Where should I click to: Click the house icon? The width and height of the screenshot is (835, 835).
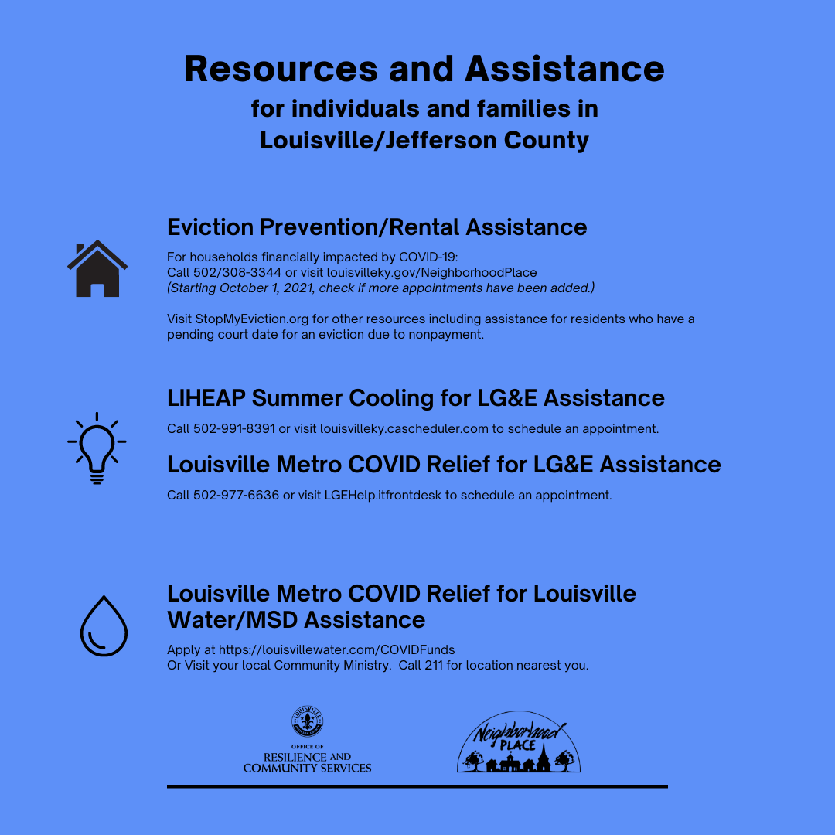click(97, 269)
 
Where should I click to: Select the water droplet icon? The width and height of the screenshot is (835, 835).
click(103, 625)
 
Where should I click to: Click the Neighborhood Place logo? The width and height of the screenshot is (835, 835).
click(518, 743)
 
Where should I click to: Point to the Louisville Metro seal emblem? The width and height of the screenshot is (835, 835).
click(307, 721)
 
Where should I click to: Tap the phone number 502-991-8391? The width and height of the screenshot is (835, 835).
click(234, 428)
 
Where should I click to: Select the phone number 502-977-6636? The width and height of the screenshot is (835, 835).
click(234, 495)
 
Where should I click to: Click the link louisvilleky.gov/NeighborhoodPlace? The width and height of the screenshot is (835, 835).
click(431, 272)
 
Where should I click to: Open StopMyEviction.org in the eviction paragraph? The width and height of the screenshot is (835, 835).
click(247, 319)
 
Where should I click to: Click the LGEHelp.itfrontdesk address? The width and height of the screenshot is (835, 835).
click(383, 495)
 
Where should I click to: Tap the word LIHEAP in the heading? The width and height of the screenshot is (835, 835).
click(206, 398)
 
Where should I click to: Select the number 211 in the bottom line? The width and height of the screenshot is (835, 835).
click(432, 666)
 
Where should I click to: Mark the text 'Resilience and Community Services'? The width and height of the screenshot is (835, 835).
click(307, 762)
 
